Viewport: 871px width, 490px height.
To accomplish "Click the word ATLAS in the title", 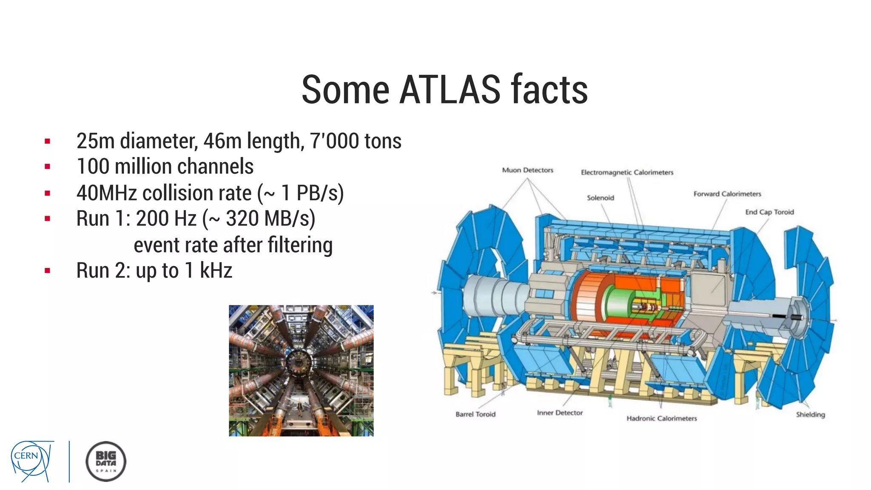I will point(450,90).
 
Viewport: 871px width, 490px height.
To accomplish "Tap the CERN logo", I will point(32,461).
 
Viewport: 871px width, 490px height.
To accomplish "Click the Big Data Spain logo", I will point(105,462).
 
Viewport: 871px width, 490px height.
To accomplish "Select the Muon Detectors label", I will point(527,170).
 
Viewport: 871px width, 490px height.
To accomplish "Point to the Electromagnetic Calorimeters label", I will point(627,172).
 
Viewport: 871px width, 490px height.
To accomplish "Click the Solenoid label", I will point(600,198).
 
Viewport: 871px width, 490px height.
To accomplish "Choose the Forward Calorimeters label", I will point(727,194).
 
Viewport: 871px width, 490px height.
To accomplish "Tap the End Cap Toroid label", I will point(769,212).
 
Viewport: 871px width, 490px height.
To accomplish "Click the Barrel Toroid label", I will point(475,414).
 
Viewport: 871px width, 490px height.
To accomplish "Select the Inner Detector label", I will point(559,413).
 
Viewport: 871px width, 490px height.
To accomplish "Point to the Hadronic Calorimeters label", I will point(661,418).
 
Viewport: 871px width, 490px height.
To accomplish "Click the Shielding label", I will point(810,414).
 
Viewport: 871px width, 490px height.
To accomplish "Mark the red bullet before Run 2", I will point(47,271).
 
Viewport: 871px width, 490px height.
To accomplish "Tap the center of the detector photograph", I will point(301,370).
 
